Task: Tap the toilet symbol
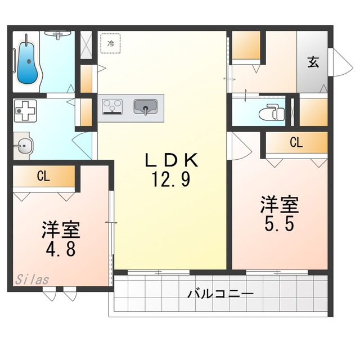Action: coord(272,112)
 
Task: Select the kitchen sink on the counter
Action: coord(145,107)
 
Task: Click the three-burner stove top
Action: coord(112,106)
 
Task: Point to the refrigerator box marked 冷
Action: coord(111,43)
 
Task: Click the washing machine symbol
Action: coord(25,111)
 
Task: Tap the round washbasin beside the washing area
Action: coord(23,146)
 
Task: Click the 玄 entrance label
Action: coord(313,62)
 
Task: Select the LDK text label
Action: coord(172,160)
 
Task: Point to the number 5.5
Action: coord(279,224)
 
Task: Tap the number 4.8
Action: coord(61,249)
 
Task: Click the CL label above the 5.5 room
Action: coord(296,142)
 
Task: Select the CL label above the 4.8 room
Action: coord(44,176)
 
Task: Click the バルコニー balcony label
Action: coord(220,294)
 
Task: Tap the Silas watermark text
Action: coord(32,280)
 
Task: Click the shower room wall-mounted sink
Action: coord(57,34)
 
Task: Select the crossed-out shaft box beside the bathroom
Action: coord(86,45)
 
